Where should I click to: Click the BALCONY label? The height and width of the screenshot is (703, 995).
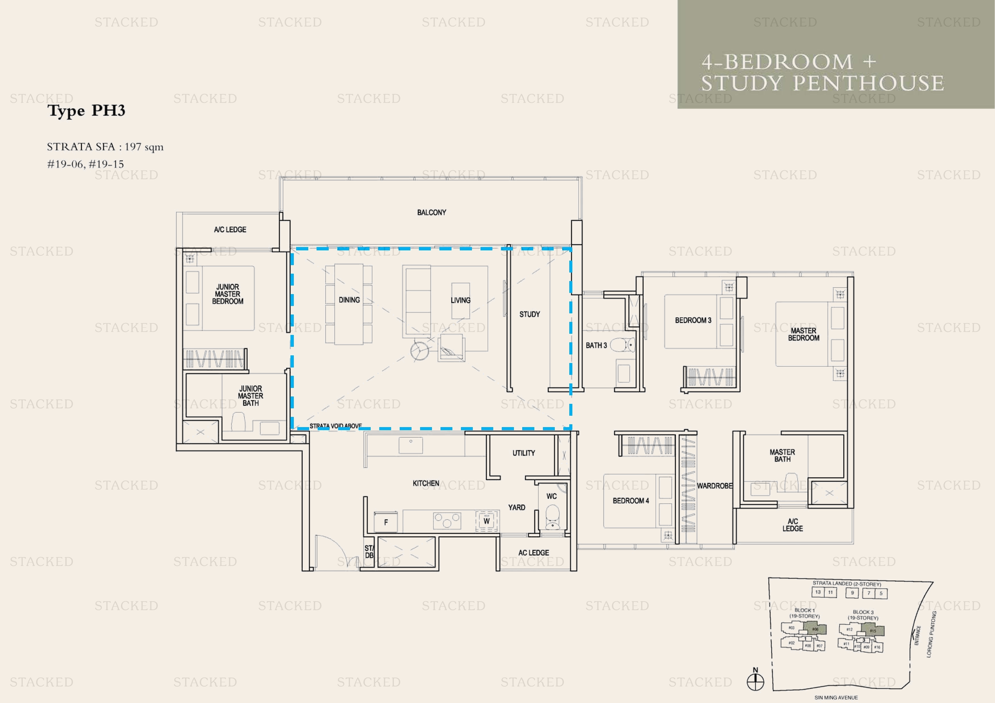[x=431, y=212]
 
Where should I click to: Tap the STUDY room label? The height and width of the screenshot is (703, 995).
[x=530, y=314]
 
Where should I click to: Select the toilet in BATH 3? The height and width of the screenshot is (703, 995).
[x=623, y=345]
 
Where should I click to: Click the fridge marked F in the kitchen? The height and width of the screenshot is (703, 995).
[x=386, y=522]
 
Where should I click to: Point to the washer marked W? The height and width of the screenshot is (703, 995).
[x=486, y=521]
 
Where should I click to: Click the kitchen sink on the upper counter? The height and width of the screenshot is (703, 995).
[x=410, y=445]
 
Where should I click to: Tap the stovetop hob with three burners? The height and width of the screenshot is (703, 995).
[x=447, y=521]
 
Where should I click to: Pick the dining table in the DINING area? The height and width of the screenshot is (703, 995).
[x=349, y=304]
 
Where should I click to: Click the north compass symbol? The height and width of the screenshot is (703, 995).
[x=755, y=681]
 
